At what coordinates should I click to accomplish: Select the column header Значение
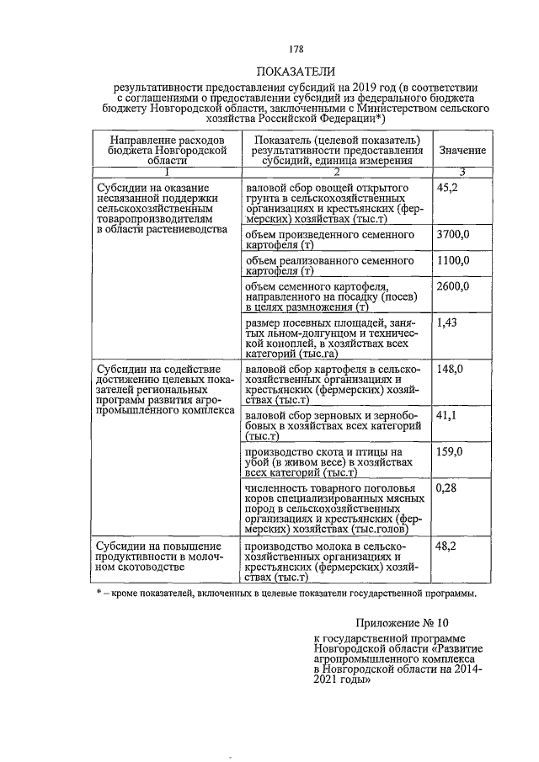click(462, 150)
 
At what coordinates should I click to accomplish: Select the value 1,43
click(446, 323)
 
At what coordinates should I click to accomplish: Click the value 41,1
click(446, 416)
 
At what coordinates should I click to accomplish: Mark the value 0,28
click(446, 488)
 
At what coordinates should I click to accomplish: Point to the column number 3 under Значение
click(462, 172)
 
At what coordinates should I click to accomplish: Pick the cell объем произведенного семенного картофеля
click(330, 239)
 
